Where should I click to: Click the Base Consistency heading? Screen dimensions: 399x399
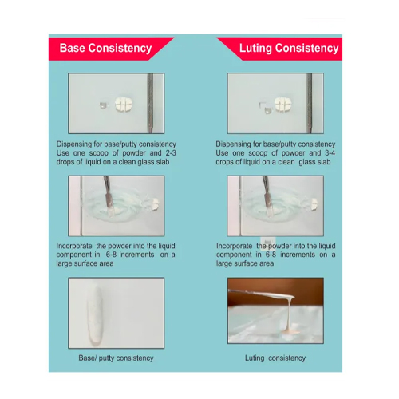click(x=105, y=49)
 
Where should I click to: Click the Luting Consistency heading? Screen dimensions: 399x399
click(x=289, y=49)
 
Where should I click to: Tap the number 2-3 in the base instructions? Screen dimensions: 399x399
click(x=170, y=153)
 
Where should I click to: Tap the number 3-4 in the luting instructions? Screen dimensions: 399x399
click(x=330, y=153)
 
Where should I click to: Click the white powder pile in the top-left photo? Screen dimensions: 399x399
click(x=124, y=104)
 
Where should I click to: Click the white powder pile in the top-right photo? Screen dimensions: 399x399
click(x=283, y=104)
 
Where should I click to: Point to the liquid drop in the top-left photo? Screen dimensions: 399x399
click(x=104, y=105)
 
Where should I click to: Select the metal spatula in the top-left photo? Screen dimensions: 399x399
click(x=150, y=103)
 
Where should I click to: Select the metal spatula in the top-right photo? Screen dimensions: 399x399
click(x=310, y=103)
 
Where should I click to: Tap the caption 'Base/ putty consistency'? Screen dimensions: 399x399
click(x=116, y=358)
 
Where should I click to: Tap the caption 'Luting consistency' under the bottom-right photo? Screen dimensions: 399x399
click(x=275, y=358)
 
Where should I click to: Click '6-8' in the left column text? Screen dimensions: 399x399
click(x=111, y=255)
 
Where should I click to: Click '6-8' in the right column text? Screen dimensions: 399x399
click(x=271, y=255)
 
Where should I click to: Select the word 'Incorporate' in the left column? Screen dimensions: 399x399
click(x=74, y=246)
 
